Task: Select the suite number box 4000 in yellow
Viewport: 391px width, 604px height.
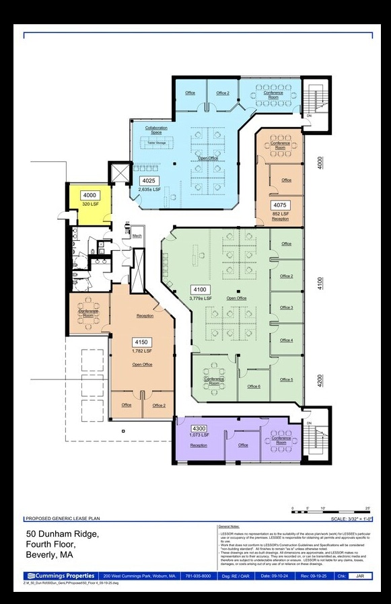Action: [90, 195]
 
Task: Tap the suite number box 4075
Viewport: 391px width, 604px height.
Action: [280, 204]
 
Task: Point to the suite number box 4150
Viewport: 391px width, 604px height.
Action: [140, 341]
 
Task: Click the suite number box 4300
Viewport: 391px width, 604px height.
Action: [199, 428]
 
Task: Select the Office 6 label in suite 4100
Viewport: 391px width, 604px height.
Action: [254, 387]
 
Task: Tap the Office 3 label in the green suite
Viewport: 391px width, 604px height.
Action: [286, 307]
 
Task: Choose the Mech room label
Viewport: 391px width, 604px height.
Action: [137, 236]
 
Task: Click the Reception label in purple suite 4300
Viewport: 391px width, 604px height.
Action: [199, 445]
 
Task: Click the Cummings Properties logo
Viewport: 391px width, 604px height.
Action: [60, 576]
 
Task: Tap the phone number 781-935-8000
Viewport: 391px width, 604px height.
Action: [197, 576]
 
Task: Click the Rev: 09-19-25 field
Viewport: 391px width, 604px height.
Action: [312, 576]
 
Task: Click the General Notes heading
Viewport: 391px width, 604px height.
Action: [229, 526]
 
